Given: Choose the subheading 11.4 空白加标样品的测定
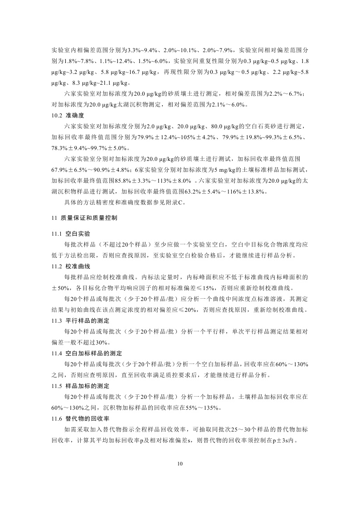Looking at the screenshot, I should [x=85, y=353].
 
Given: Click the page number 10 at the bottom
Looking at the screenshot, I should [x=180, y=464].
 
